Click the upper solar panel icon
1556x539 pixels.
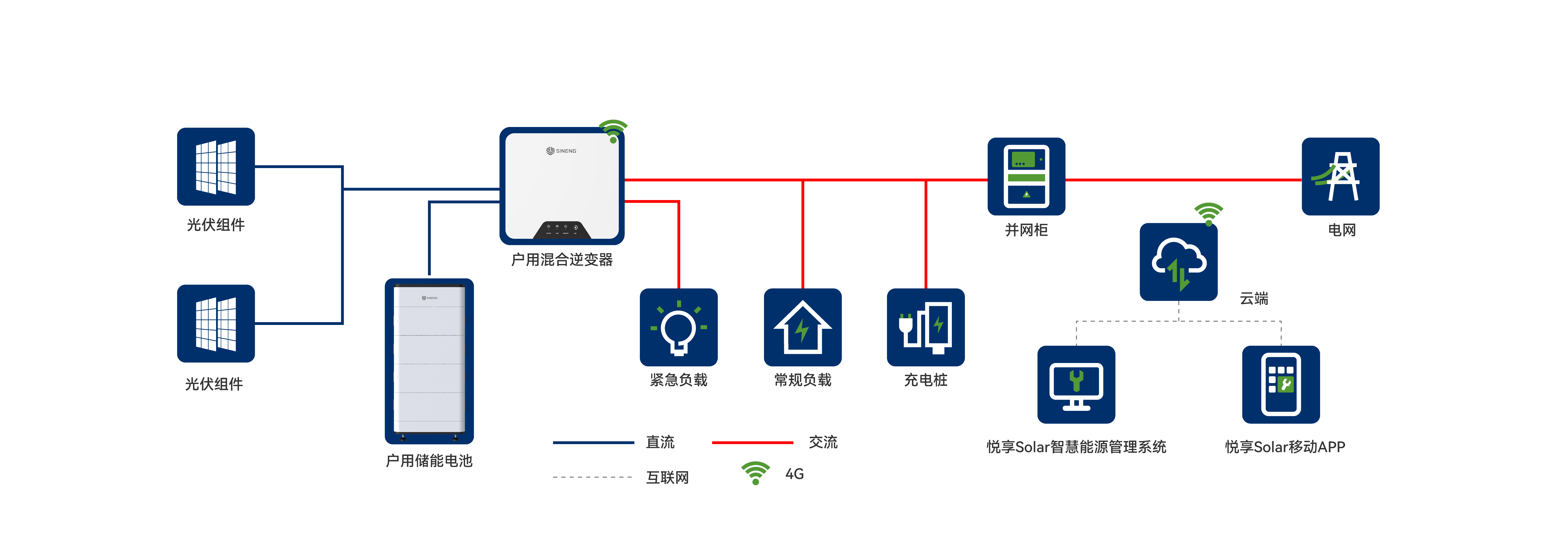pos(216,167)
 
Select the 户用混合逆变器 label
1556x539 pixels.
pos(562,260)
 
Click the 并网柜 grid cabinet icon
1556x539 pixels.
pos(1026,176)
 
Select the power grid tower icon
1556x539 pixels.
pos(1340,176)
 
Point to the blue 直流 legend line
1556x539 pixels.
pos(593,443)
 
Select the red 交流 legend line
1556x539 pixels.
pos(752,443)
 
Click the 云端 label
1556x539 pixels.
pos(1254,299)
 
